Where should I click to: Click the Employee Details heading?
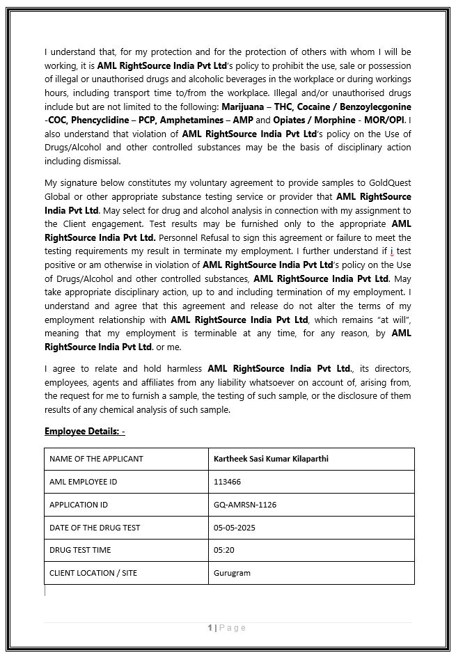pos(84,432)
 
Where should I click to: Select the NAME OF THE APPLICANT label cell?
pos(96,459)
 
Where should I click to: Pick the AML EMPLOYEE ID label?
pos(84,482)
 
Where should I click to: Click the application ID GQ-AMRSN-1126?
pos(245,505)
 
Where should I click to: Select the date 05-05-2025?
pos(235,528)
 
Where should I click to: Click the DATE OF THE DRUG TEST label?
pos(95,528)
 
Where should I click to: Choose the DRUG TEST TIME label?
pos(80,550)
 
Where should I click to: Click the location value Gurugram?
pos(232,573)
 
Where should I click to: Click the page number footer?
pos(227,628)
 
